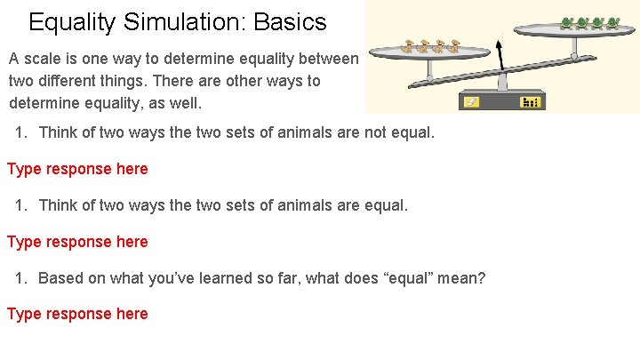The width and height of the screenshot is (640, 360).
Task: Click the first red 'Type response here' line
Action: pos(77,169)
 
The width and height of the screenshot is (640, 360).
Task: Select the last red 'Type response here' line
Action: pos(77,314)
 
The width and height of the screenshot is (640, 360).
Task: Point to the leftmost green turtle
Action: pos(567,23)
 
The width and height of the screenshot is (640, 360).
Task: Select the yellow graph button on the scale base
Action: pos(531,102)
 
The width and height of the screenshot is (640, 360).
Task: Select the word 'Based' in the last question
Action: pos(60,278)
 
